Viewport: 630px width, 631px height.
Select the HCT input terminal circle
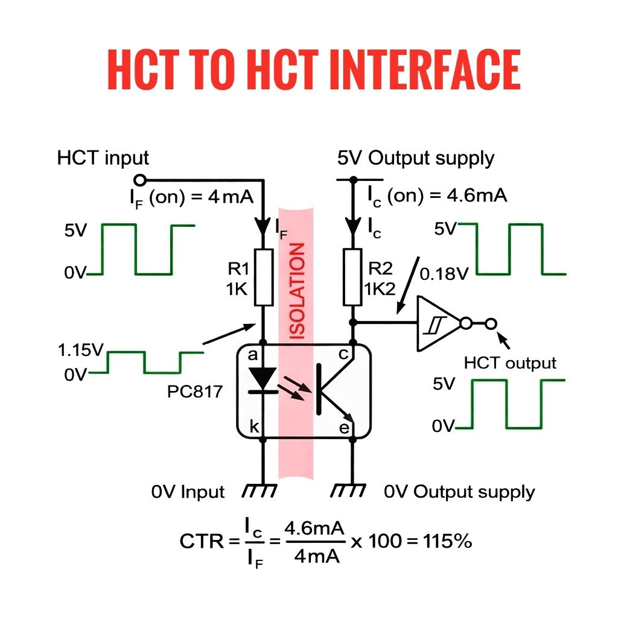[x=140, y=179]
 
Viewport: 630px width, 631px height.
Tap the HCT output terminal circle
[x=492, y=324]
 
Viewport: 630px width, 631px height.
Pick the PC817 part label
[x=195, y=392]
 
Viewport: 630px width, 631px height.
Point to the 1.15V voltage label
[x=81, y=350]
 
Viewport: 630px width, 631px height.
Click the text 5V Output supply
[x=416, y=158]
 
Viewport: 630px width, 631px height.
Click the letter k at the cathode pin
[x=254, y=428]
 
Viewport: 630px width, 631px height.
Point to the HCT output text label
[x=510, y=363]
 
